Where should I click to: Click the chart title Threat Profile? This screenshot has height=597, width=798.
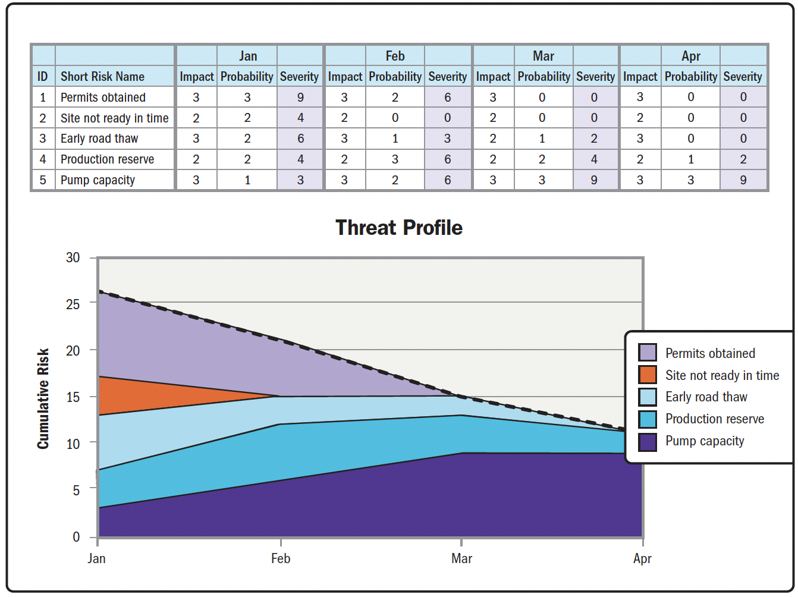pyautogui.click(x=399, y=228)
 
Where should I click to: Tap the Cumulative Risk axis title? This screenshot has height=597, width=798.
pyautogui.click(x=43, y=398)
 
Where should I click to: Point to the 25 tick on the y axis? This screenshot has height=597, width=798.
pyautogui.click(x=73, y=304)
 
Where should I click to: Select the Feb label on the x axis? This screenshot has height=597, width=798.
pyautogui.click(x=281, y=558)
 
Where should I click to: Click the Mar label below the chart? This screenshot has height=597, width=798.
pyautogui.click(x=461, y=558)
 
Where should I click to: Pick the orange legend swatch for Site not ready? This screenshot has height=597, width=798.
pyautogui.click(x=648, y=375)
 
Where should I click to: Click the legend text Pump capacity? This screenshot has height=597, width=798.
pyautogui.click(x=705, y=441)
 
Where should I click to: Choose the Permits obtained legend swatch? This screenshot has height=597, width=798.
pyautogui.click(x=648, y=352)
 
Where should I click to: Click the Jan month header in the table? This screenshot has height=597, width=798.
pyautogui.click(x=248, y=56)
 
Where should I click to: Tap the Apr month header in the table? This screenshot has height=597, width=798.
pyautogui.click(x=691, y=56)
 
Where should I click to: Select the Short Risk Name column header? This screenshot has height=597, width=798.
pyautogui.click(x=102, y=76)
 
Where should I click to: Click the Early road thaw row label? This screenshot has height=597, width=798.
pyautogui.click(x=99, y=139)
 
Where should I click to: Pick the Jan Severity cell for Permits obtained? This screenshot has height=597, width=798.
pyautogui.click(x=300, y=97)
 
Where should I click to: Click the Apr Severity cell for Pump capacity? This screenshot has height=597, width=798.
pyautogui.click(x=743, y=180)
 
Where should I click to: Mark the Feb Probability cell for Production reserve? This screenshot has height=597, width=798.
pyautogui.click(x=395, y=159)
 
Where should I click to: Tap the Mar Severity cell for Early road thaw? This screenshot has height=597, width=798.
pyautogui.click(x=594, y=139)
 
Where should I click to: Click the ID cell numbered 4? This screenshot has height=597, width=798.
pyautogui.click(x=43, y=159)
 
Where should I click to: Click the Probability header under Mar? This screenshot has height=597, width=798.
pyautogui.click(x=543, y=76)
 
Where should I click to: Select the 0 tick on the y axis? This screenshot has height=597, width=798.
pyautogui.click(x=76, y=536)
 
